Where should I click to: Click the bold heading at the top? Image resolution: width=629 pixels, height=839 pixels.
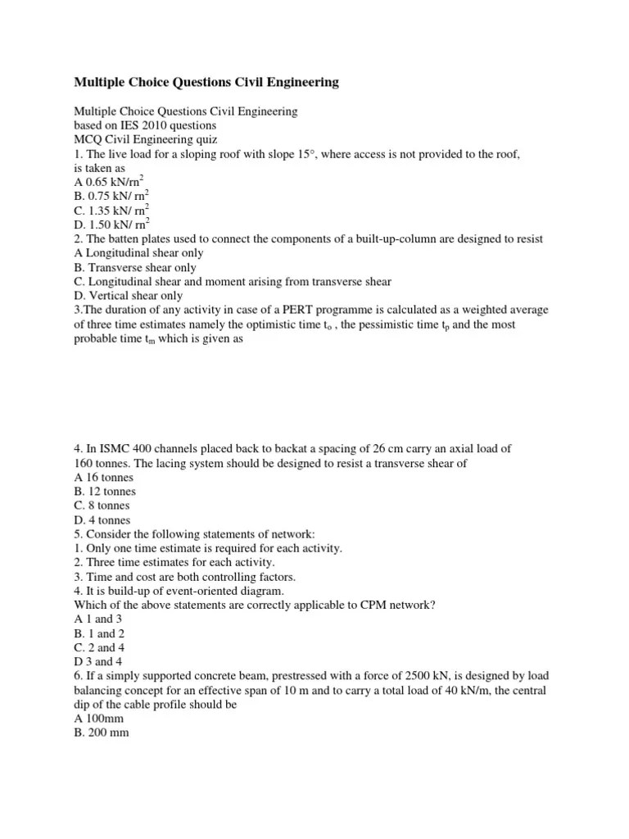pos(206,82)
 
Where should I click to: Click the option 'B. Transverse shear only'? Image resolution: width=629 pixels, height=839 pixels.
pos(135,267)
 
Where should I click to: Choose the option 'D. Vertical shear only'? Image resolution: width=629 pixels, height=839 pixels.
pos(129,296)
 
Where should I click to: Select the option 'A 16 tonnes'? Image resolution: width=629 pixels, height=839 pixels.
pos(103,477)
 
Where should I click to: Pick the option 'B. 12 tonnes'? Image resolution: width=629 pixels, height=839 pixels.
pos(105,492)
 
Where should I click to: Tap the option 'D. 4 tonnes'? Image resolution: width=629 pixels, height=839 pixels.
pos(102,520)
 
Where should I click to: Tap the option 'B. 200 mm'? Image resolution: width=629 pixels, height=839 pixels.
pos(102,733)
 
